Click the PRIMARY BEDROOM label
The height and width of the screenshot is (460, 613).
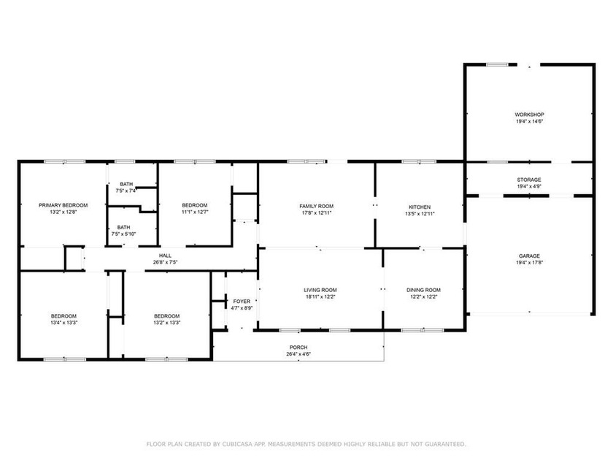63,205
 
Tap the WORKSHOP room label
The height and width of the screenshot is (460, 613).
529,115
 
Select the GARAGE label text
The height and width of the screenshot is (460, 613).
529,256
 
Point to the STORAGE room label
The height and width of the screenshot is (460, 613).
529,180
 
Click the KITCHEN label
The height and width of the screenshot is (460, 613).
420,207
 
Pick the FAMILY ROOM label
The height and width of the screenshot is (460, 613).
316,206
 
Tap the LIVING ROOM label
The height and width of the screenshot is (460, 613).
320,290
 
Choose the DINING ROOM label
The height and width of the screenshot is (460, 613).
423,290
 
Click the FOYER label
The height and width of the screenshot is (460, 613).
242,301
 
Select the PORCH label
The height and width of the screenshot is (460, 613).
298,348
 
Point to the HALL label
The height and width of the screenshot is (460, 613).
165,256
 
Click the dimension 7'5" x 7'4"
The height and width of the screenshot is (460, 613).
126,191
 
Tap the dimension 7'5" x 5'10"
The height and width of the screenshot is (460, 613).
123,234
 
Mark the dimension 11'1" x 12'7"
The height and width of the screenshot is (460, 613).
195,212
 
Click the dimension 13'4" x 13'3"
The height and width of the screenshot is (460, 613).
63,323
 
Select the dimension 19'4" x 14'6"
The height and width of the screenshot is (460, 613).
529,121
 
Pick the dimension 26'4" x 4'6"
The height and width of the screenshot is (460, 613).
298,354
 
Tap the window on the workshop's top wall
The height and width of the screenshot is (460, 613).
497,64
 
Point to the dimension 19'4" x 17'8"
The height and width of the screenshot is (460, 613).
529,263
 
